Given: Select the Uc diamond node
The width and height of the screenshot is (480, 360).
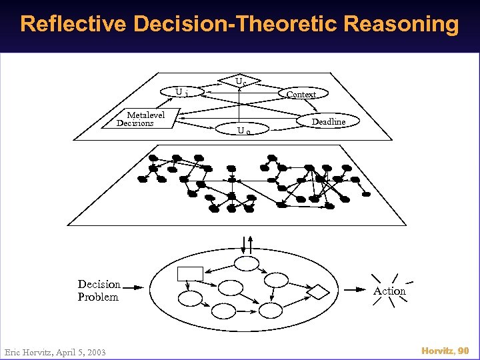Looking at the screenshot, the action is (241, 81).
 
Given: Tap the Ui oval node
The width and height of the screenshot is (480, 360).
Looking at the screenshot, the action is (181, 92).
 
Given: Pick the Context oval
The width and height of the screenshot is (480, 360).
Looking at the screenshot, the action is (301, 95).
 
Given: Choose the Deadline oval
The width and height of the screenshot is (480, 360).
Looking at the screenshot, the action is (329, 122).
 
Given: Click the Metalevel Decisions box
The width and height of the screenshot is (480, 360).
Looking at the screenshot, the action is (141, 119).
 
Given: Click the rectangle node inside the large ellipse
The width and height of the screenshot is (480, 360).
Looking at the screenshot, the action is (190, 273).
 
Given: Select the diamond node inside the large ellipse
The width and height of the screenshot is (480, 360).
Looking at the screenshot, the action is (319, 291).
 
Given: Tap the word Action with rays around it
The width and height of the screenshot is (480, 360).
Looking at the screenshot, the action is (389, 291).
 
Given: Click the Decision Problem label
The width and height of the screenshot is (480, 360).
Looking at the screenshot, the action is (99, 291).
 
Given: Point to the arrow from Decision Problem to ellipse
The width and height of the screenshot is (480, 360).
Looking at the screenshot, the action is (133, 289).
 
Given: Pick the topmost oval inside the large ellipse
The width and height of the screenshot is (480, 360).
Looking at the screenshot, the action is (247, 264).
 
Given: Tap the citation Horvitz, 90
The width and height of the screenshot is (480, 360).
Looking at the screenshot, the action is (445, 351).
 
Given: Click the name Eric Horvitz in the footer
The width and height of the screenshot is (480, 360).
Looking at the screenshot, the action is (27, 352).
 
